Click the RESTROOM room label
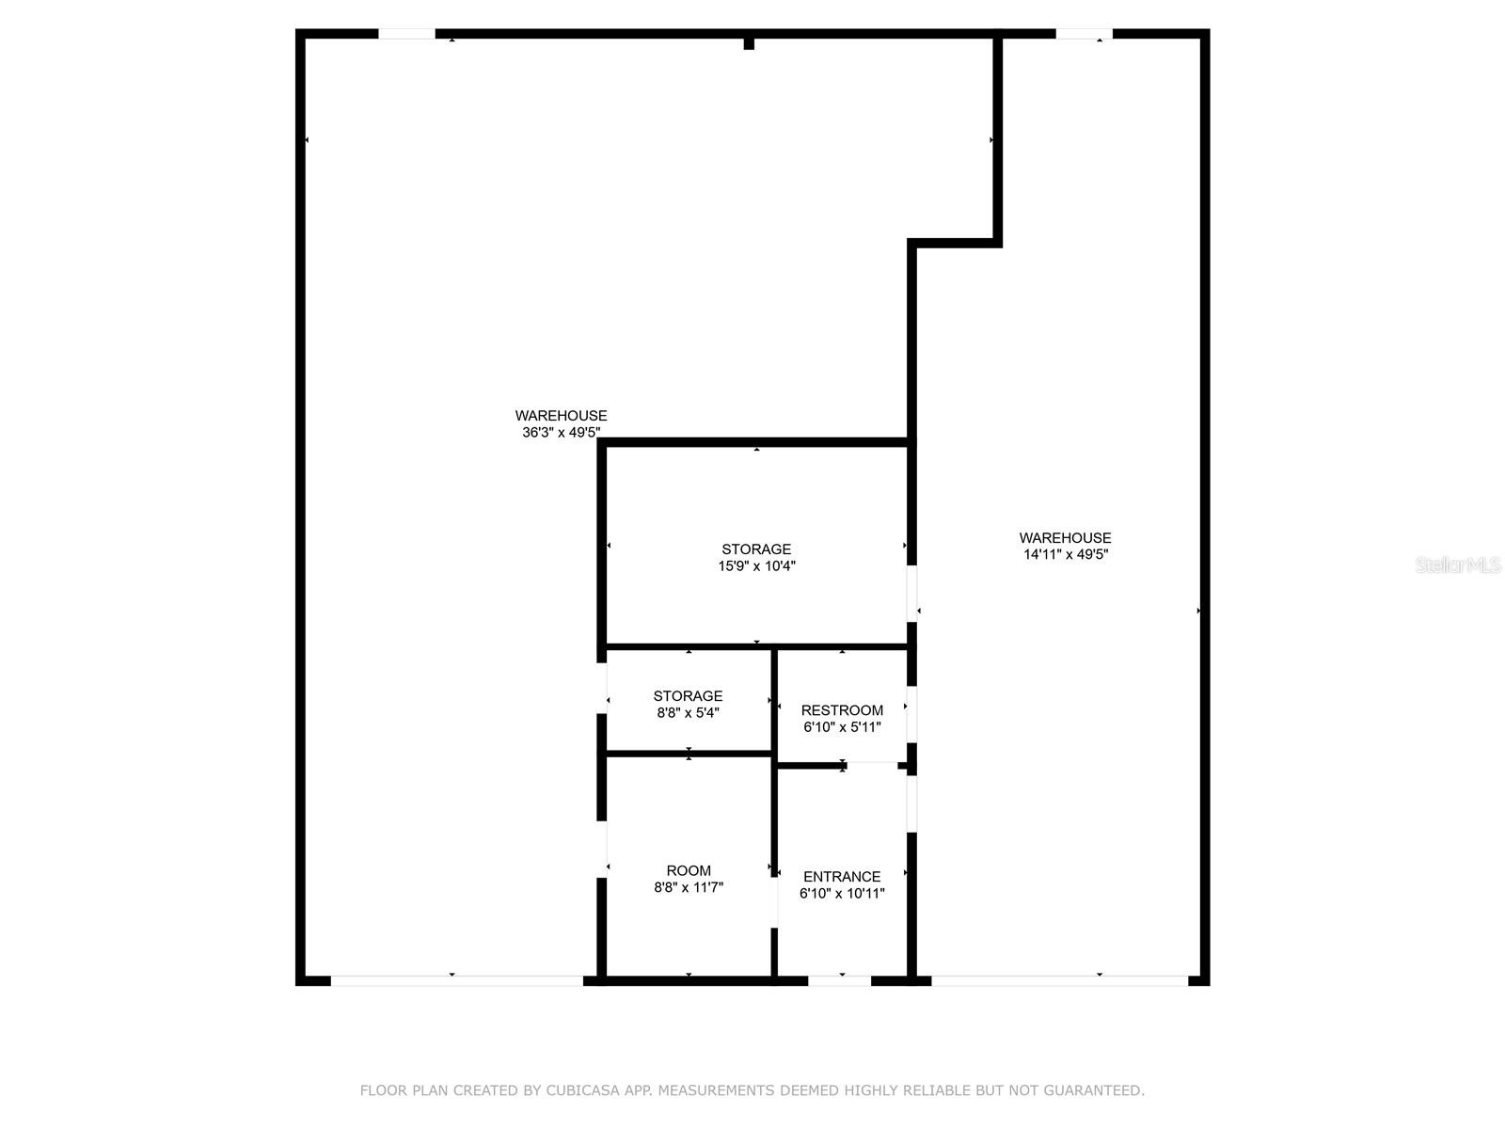[842, 710]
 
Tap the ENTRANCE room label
[842, 876]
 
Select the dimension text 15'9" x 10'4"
[756, 566]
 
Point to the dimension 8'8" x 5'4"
[688, 713]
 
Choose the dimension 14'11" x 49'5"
[1066, 555]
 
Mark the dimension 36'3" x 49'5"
[561, 433]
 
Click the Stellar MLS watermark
[1458, 565]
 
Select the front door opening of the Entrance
[839, 980]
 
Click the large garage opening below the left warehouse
[456, 980]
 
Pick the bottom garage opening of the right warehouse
[1059, 980]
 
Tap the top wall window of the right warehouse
[1084, 34]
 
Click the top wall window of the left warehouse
[406, 34]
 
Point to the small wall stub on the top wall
[749, 42]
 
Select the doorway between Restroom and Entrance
[872, 765]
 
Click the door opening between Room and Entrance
[774, 902]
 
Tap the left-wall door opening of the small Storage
[602, 688]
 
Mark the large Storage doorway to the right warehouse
[911, 593]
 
